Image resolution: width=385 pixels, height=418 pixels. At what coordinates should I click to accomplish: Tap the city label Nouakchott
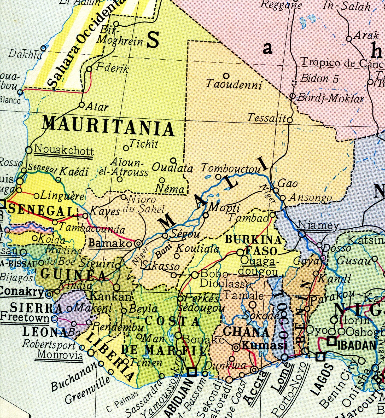(x=64, y=150)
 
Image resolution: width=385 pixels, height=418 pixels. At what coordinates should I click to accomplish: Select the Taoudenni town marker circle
(x=226, y=76)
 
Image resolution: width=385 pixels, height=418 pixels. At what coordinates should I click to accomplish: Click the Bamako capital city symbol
(x=138, y=244)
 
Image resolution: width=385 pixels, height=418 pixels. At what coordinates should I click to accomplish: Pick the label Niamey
(x=318, y=225)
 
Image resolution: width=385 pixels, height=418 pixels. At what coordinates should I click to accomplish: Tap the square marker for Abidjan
(x=192, y=371)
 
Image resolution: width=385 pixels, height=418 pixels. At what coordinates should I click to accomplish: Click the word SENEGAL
(x=42, y=210)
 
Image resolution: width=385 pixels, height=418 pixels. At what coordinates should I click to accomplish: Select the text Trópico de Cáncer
(x=342, y=63)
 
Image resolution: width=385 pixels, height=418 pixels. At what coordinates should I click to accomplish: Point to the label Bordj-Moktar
(x=330, y=98)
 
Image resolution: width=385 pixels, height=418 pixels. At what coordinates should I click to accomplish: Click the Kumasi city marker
(x=236, y=347)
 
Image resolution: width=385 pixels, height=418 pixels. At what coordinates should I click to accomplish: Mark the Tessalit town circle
(x=290, y=120)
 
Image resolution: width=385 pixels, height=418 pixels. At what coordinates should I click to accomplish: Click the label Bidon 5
(x=319, y=79)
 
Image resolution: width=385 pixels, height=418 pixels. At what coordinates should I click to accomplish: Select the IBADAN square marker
(x=331, y=341)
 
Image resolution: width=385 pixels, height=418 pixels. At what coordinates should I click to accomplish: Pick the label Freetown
(x=25, y=318)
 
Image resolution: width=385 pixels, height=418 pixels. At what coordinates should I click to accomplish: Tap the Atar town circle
(x=82, y=105)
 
